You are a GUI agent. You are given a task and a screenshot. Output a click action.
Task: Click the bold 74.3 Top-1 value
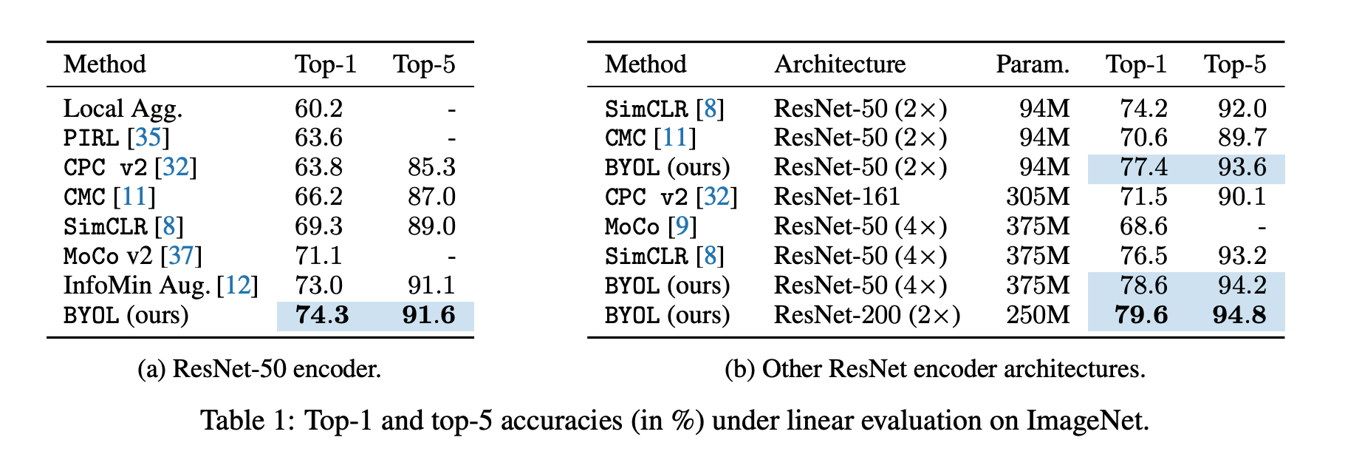(321, 316)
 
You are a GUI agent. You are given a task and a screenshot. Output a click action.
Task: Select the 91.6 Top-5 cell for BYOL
(428, 316)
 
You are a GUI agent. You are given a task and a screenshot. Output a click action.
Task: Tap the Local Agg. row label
(123, 109)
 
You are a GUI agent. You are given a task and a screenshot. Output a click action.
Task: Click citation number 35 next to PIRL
(148, 138)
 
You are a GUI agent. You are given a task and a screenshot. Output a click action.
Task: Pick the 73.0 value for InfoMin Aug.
(318, 286)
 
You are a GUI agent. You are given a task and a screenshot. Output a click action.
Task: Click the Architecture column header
(840, 64)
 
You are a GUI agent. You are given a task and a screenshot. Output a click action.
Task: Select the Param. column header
(1032, 64)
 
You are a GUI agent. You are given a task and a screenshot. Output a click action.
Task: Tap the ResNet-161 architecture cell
(837, 197)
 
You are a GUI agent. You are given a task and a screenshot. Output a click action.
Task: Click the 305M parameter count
(1037, 197)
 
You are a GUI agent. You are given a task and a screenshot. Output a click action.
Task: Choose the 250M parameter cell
(1037, 316)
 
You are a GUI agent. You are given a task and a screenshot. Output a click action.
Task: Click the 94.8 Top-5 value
(1239, 316)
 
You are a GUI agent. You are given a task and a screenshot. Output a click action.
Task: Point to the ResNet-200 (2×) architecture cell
(866, 316)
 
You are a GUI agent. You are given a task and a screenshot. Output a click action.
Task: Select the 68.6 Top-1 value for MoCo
(1143, 227)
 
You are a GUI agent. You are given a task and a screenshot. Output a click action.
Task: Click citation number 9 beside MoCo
(682, 227)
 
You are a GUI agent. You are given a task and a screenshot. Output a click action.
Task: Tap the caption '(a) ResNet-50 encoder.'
(259, 369)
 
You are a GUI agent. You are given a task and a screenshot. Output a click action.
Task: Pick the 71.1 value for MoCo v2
(318, 257)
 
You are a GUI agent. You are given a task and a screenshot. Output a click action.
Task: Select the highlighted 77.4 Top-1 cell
(1143, 168)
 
